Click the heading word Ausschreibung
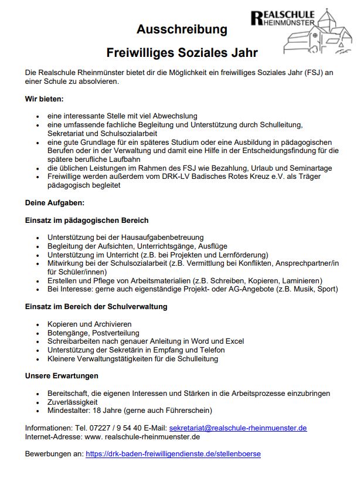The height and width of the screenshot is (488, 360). [x=182, y=30]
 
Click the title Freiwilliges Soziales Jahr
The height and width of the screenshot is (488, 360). [x=182, y=53]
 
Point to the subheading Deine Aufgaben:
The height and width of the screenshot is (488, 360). [x=55, y=202]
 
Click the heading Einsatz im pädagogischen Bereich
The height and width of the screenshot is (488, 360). [x=87, y=220]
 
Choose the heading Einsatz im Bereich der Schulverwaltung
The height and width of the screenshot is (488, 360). [x=96, y=306]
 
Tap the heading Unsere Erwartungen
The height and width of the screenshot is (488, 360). [x=62, y=375]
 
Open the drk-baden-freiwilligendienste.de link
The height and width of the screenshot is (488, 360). [x=173, y=454]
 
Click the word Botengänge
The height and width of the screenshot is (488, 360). [x=67, y=333]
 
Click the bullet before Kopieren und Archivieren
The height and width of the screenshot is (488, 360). [x=38, y=324]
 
